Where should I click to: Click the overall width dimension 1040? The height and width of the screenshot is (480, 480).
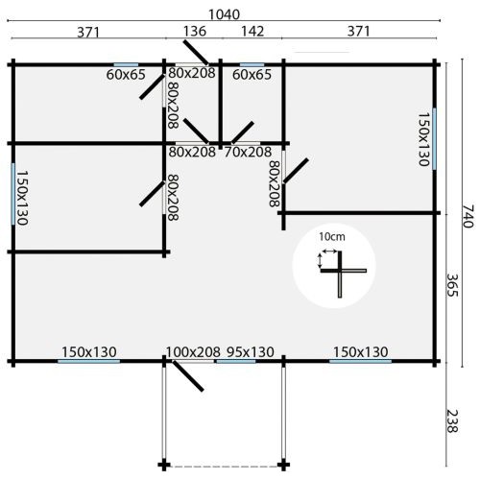click(224, 14)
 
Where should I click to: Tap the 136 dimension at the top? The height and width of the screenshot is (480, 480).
click(195, 32)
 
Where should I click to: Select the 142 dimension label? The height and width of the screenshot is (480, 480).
click(252, 32)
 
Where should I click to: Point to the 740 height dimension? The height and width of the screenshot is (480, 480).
click(468, 216)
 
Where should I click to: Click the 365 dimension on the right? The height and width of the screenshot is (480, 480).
click(452, 285)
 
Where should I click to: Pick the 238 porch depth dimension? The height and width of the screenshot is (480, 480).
click(452, 421)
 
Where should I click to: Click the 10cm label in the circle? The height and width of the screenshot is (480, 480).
click(332, 237)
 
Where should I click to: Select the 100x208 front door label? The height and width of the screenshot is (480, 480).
click(193, 352)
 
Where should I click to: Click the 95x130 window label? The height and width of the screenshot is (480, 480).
click(251, 352)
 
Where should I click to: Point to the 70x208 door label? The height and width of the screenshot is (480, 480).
click(248, 152)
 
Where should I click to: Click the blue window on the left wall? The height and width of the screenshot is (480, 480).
click(13, 194)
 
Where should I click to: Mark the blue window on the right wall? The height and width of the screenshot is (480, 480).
click(434, 139)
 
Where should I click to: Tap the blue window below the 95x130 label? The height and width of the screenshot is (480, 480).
click(236, 361)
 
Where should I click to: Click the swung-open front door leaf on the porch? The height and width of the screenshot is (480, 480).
click(188, 376)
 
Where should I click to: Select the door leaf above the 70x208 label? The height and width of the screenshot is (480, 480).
click(243, 132)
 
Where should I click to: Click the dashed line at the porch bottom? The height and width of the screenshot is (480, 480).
click(224, 467)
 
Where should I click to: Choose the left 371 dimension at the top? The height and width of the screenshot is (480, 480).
click(88, 33)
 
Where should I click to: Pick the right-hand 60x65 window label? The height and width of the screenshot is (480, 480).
click(252, 75)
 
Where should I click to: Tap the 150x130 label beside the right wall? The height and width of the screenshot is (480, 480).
click(423, 139)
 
